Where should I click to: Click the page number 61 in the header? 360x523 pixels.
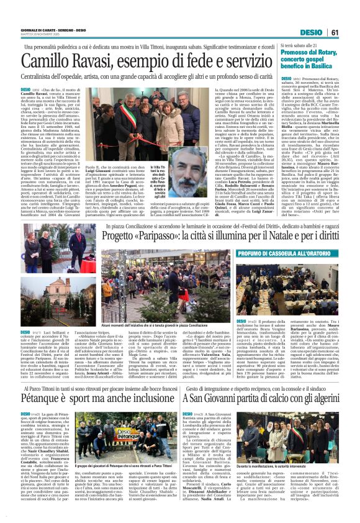[x=351, y=32]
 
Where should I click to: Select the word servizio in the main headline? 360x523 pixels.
[x=245, y=62]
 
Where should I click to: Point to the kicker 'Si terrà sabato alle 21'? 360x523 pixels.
[x=304, y=45]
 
